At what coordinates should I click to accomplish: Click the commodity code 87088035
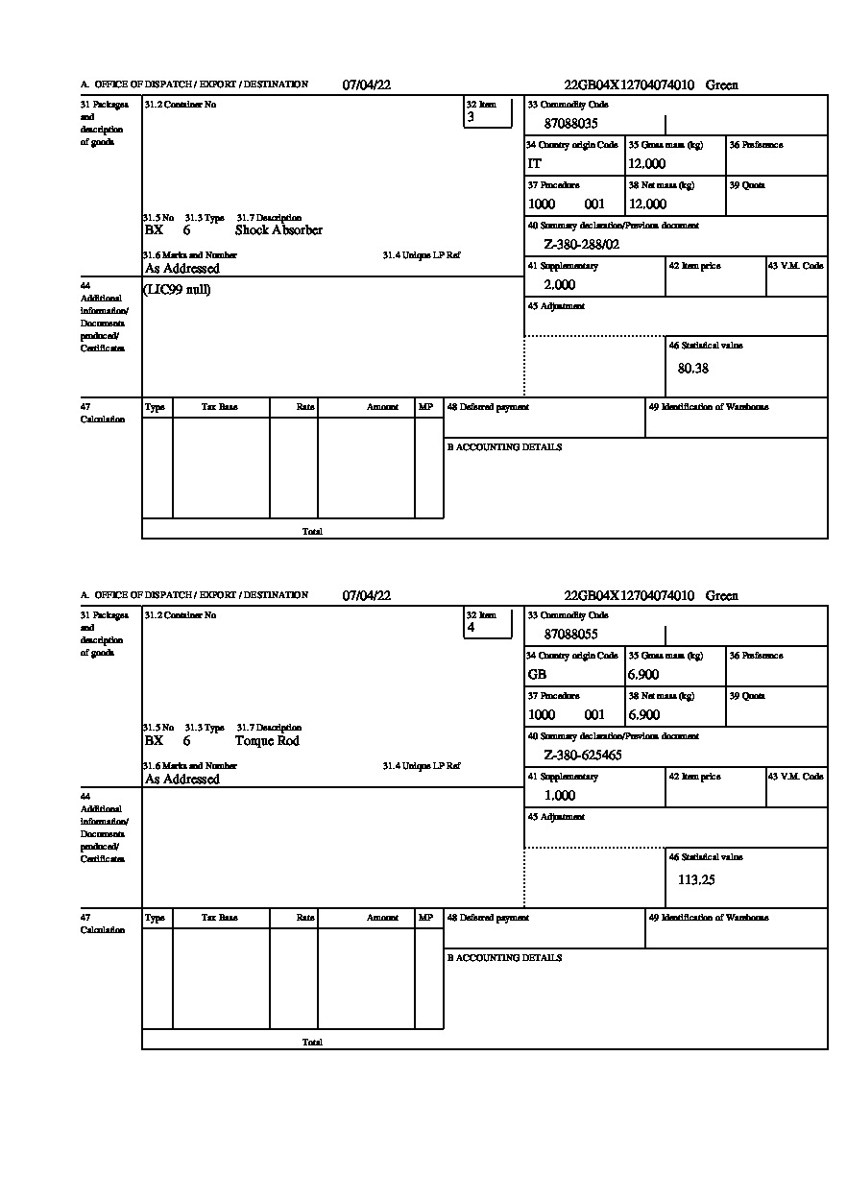click(x=571, y=124)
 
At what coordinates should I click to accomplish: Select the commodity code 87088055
click(x=571, y=635)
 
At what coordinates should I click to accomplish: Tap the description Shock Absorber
click(x=278, y=230)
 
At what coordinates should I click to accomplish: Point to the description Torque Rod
click(x=267, y=741)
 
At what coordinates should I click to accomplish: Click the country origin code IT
click(x=535, y=164)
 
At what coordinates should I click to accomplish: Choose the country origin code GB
click(x=537, y=675)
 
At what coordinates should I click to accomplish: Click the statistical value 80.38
click(x=693, y=369)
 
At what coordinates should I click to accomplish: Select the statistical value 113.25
click(x=696, y=879)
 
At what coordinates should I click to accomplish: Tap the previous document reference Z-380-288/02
click(x=582, y=245)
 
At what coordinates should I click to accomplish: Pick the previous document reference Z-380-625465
click(x=583, y=756)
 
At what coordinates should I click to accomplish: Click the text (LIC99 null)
click(x=177, y=290)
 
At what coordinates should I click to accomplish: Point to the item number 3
click(x=471, y=117)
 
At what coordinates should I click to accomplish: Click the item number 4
click(x=471, y=628)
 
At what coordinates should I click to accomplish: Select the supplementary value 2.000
click(x=560, y=285)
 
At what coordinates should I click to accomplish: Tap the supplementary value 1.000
click(x=560, y=796)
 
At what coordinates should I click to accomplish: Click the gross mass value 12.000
click(x=647, y=164)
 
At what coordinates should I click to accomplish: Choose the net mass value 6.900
click(x=644, y=715)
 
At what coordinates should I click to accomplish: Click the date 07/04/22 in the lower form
click(x=367, y=596)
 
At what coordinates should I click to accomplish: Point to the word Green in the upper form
click(x=722, y=85)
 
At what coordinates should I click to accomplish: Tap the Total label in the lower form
click(x=312, y=1043)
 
